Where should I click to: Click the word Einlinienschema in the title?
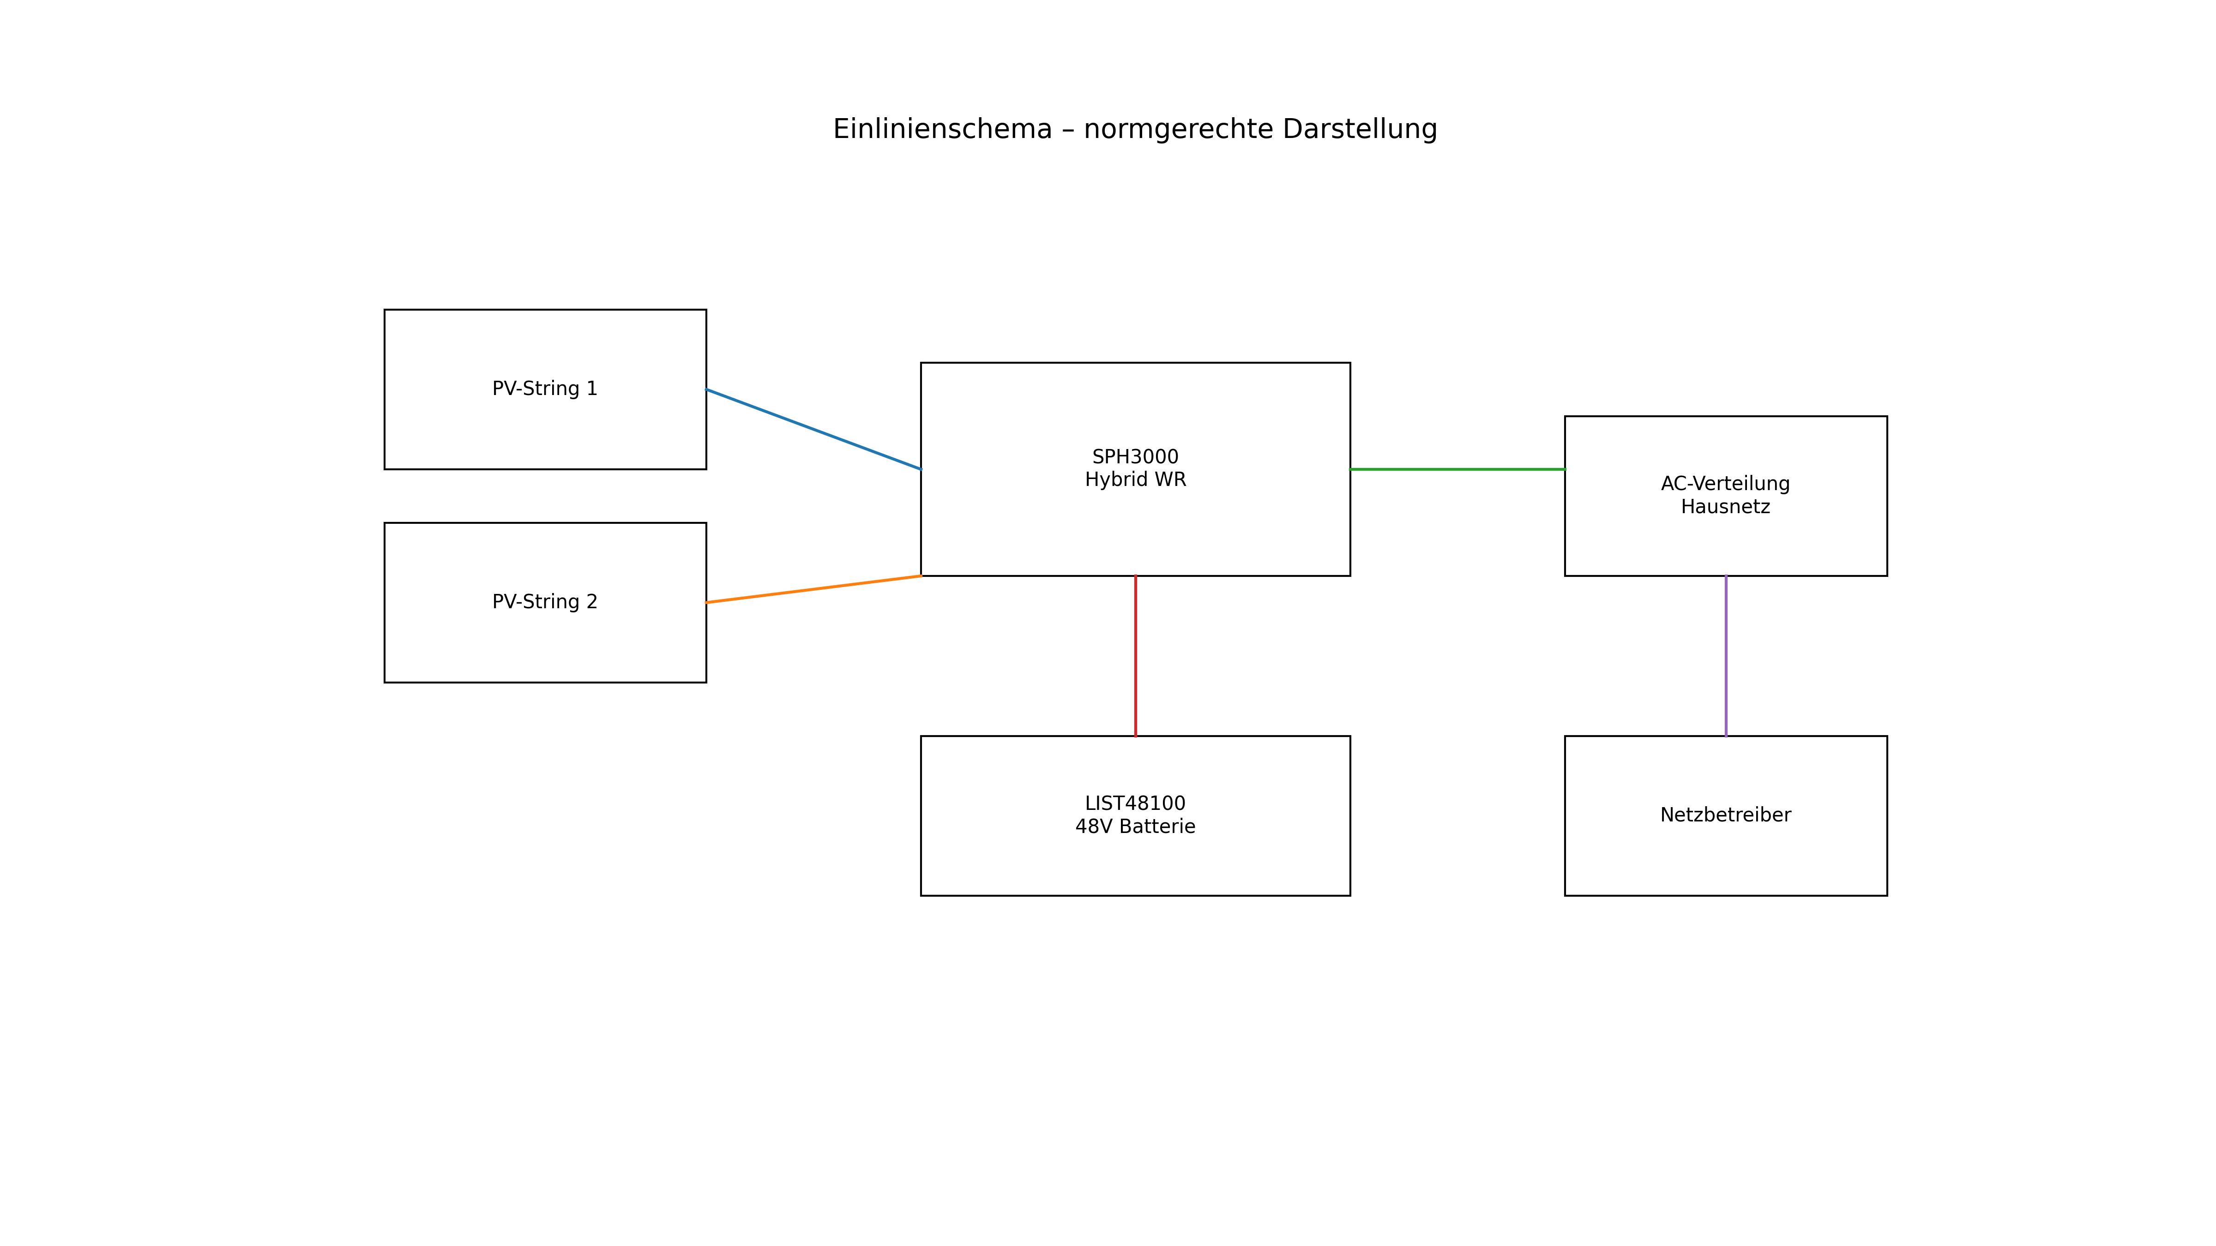942,129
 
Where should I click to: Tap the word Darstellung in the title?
1359,129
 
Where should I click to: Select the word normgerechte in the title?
1178,130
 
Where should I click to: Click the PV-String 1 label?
545,389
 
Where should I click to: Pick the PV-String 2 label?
545,602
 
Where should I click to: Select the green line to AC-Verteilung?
1457,469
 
